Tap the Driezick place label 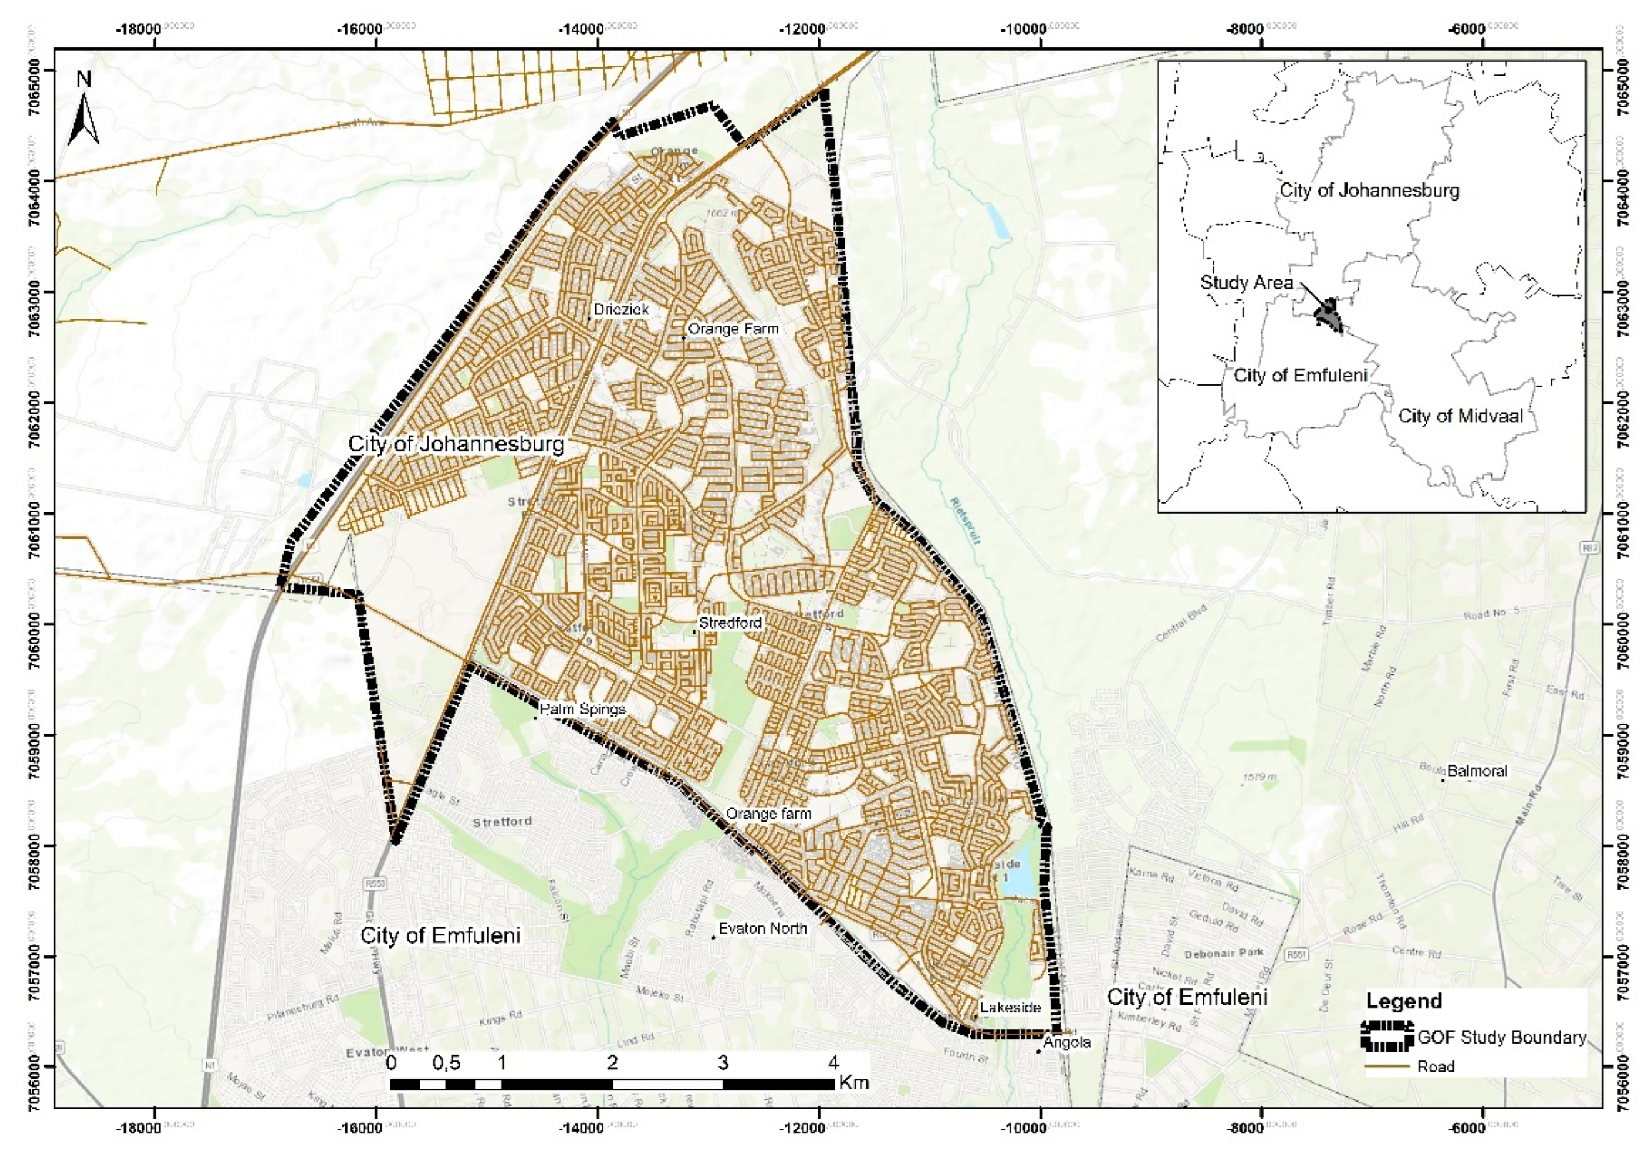click(x=621, y=309)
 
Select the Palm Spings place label click(x=582, y=709)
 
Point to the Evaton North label click(x=762, y=929)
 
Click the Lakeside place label click(x=1010, y=1007)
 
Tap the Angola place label click(x=1066, y=1042)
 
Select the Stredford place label click(x=730, y=622)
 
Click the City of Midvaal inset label click(x=1460, y=416)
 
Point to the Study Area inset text click(x=1246, y=282)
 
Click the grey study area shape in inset click(x=1329, y=314)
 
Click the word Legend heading click(x=1403, y=1001)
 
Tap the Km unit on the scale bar click(x=853, y=1082)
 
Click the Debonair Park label click(x=1224, y=954)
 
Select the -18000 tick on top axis click(x=139, y=29)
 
